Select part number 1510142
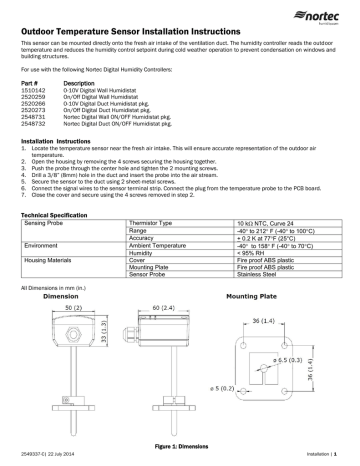click(x=33, y=89)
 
